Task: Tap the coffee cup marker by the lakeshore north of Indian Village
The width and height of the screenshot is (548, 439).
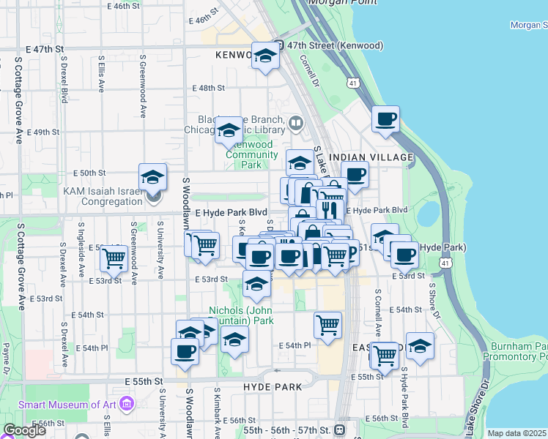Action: click(x=385, y=119)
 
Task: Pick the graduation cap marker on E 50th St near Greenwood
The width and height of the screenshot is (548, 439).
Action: click(x=152, y=177)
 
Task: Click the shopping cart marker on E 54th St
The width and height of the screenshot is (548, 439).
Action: click(x=327, y=324)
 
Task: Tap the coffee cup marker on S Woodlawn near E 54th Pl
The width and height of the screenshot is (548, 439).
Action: click(x=185, y=351)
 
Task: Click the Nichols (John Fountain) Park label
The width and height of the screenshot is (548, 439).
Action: click(x=241, y=315)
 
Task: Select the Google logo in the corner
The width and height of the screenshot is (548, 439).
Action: click(x=24, y=430)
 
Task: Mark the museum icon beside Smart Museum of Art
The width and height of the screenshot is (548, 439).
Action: click(x=127, y=404)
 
